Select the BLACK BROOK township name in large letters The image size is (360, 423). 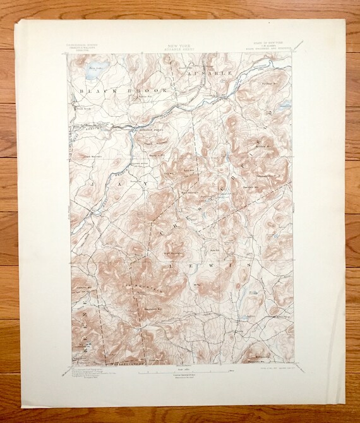click(122, 92)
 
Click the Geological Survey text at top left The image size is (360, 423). click(81, 44)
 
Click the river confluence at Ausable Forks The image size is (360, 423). click(130, 127)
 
